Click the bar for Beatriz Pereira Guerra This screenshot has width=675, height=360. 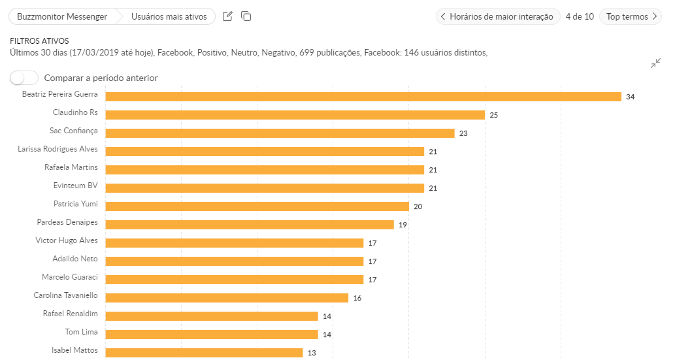coord(363,97)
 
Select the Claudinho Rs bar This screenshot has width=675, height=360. coord(295,115)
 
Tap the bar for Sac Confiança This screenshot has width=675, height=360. coord(280,133)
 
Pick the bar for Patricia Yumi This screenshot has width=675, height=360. coord(257,206)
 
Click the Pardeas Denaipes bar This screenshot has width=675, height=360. coord(249,225)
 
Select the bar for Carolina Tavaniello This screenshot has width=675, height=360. coord(227,298)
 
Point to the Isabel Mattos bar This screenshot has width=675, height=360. coord(204,353)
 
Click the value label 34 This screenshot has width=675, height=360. coord(630,97)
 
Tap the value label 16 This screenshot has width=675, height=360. coord(357,298)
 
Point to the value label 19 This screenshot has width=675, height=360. coord(403,225)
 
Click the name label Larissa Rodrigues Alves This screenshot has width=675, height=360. coord(58,149)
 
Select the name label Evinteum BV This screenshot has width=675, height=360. coord(76,186)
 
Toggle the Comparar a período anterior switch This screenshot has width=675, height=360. coord(24,78)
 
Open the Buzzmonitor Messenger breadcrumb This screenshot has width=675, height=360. coord(62,16)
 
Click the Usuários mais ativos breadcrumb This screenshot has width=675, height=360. coord(169,16)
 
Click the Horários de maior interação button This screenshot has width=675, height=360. coord(498,16)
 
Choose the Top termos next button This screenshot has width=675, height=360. coord(631,16)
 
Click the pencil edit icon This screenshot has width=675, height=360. coord(227,16)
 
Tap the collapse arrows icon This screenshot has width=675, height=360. coord(656,63)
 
